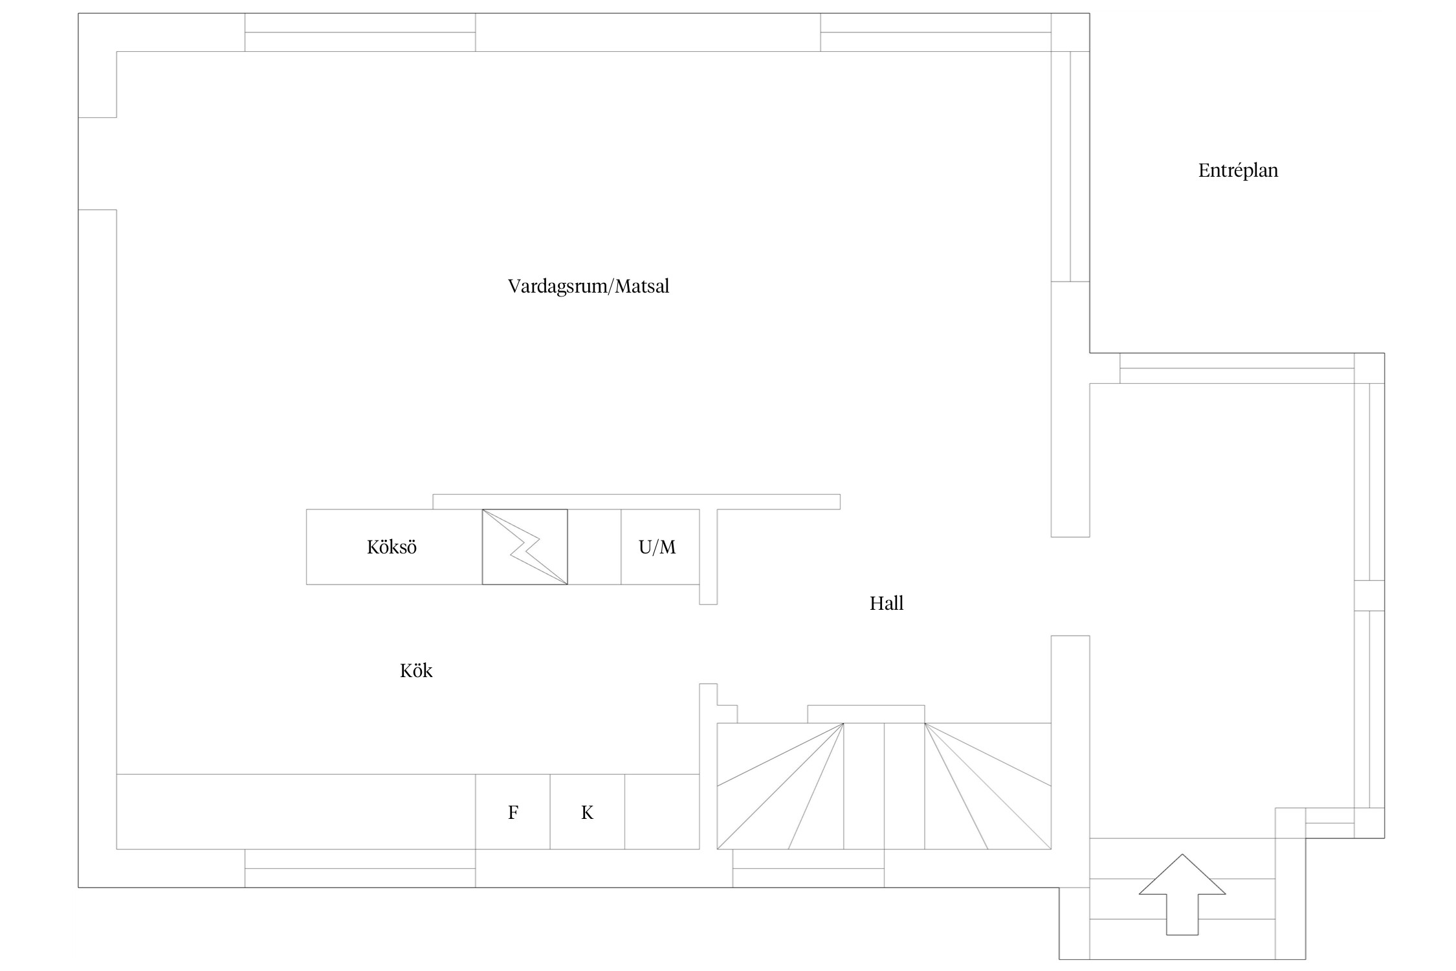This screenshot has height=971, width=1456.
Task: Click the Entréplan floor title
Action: click(x=1238, y=171)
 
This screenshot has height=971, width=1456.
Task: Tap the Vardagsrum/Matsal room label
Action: click(x=588, y=286)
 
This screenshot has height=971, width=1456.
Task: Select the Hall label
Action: click(x=887, y=603)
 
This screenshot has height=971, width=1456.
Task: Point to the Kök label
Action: click(x=416, y=671)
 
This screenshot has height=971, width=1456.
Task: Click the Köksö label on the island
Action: click(x=392, y=547)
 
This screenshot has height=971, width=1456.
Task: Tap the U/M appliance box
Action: click(x=660, y=547)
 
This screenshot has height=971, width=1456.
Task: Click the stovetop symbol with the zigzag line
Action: click(x=525, y=547)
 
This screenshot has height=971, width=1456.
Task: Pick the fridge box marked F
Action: click(x=513, y=812)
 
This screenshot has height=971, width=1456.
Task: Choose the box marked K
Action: click(x=587, y=812)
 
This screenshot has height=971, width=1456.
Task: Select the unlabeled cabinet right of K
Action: click(x=662, y=812)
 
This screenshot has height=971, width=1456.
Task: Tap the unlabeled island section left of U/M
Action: click(x=594, y=547)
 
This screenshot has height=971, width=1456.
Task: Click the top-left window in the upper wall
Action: click(x=360, y=32)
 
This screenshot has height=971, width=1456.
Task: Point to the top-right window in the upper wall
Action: click(x=936, y=32)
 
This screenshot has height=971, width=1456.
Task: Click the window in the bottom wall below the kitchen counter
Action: click(x=360, y=868)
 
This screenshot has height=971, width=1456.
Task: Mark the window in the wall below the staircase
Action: click(x=808, y=868)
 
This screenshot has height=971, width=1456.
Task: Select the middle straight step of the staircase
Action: click(x=864, y=786)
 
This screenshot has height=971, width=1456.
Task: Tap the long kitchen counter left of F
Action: click(x=296, y=812)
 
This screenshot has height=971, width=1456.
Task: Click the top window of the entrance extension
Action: click(x=1237, y=368)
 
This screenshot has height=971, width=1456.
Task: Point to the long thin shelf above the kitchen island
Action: click(x=636, y=502)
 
